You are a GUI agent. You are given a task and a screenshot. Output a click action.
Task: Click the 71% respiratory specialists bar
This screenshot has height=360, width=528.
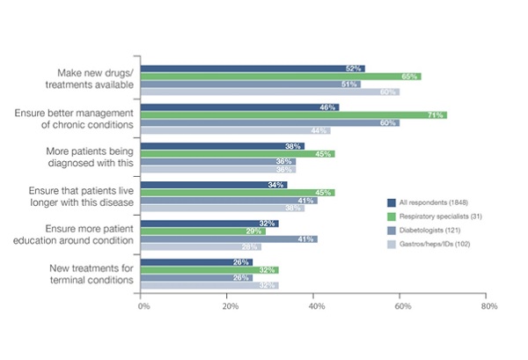click(294, 115)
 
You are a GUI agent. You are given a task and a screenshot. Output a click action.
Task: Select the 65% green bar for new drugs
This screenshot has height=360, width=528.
click(281, 77)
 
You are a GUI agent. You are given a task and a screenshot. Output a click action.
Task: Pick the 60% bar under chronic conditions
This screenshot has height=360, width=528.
click(270, 123)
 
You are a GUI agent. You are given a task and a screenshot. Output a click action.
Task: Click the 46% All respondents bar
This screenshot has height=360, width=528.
click(239, 107)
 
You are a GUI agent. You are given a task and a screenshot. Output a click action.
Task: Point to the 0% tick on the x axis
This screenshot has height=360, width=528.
click(142, 306)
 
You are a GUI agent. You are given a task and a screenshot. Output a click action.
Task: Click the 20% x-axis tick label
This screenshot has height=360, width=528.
click(228, 306)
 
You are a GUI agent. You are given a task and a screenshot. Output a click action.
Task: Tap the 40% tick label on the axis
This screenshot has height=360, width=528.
click(316, 306)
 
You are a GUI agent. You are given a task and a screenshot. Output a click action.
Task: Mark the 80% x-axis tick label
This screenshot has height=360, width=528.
click(490, 306)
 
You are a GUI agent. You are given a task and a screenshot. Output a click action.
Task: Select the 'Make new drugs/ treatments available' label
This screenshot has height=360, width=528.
click(90, 78)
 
